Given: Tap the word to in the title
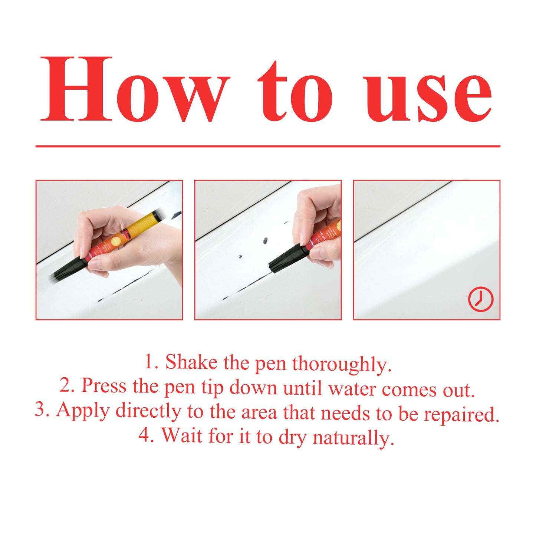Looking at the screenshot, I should coord(295,93).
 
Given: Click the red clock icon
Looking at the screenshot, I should coord(480,299).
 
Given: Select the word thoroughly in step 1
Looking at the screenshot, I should coord(341,364).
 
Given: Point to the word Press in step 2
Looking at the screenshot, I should coord(104,386).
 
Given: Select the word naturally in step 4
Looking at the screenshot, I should coord(353,438).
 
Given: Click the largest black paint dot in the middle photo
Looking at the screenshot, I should coord(265,241).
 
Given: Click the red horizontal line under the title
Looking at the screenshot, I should coord(268,147).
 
